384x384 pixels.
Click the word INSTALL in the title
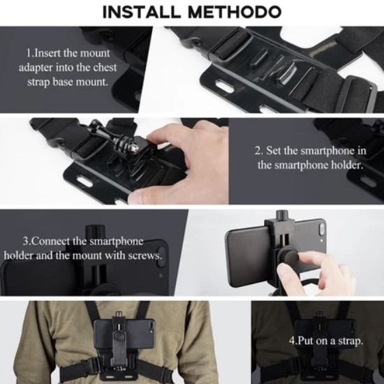click(x=145, y=13)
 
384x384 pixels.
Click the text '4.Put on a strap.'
click(x=325, y=341)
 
